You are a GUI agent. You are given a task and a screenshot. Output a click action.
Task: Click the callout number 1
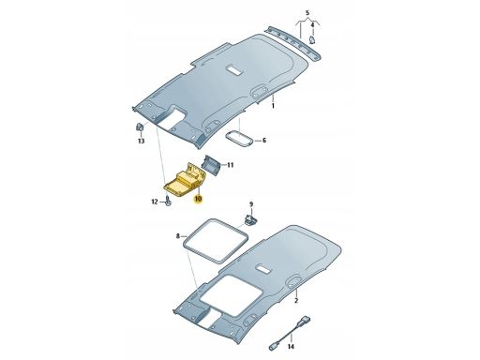pos(273,106)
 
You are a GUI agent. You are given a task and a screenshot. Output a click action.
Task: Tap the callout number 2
pos(296,301)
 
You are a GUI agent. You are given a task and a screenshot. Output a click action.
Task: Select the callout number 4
pos(312,24)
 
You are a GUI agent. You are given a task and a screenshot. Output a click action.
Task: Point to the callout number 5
pos(307,13)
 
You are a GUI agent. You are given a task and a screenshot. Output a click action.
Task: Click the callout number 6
pos(264,141)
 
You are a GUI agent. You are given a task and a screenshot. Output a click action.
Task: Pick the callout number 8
pos(178,236)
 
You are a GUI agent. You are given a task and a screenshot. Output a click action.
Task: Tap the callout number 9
pos(251,204)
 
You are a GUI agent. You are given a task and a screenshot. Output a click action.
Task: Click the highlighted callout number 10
pos(199,199)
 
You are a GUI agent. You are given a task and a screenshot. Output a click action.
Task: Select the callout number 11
pos(230,165)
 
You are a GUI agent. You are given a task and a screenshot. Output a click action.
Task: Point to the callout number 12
pos(155,202)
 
